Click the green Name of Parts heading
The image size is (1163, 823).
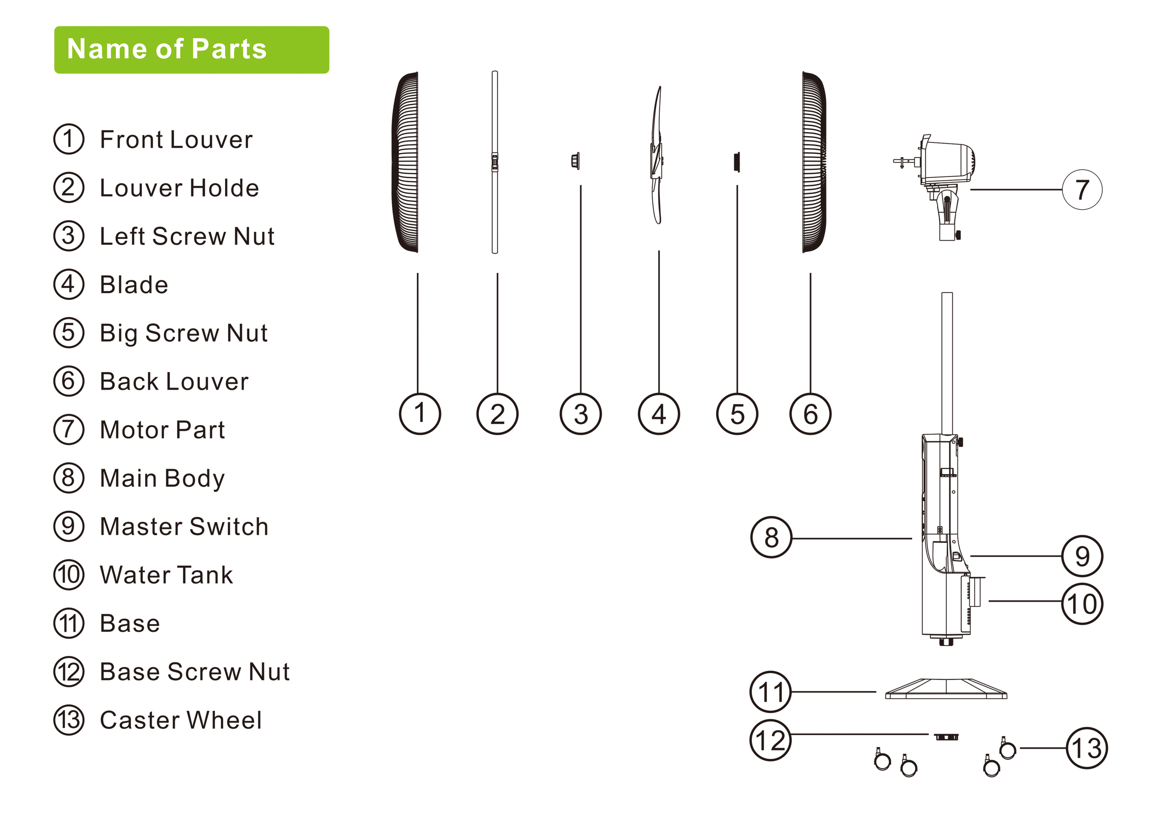pos(192,50)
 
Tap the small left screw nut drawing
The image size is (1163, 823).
pos(575,161)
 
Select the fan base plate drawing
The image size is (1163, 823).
pos(946,689)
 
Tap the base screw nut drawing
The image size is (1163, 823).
pos(946,737)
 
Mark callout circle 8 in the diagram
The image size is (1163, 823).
pos(771,538)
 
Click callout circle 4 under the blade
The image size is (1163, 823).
pos(659,414)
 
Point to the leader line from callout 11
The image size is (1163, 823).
pos(833,692)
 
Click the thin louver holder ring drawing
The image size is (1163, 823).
pos(495,162)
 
